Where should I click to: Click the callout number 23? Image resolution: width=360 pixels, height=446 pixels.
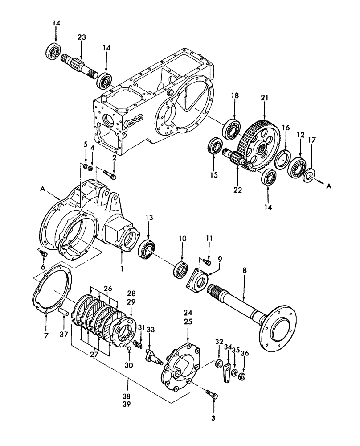[82, 38]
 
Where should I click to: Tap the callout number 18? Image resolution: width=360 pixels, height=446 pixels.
[235, 95]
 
